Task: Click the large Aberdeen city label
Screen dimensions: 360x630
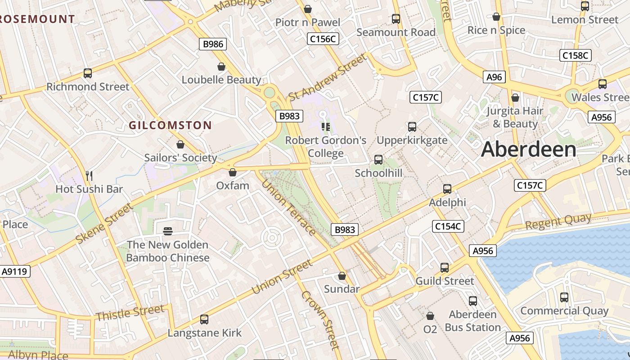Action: coord(528,149)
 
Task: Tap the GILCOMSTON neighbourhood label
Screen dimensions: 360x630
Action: coord(170,126)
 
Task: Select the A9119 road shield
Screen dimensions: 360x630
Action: coord(15,271)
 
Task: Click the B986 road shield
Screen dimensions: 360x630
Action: coord(212,44)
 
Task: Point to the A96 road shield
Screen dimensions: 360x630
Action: coord(494,77)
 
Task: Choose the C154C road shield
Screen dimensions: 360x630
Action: coord(448,226)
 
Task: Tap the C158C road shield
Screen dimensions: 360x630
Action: coord(576,56)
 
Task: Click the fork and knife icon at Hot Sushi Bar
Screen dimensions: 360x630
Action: coord(89,175)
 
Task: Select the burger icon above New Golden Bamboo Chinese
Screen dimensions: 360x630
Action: coord(168,231)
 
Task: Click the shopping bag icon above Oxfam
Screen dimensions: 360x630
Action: coord(233,172)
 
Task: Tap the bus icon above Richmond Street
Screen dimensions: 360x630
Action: coord(88,73)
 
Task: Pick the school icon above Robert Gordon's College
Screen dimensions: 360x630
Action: coord(326,127)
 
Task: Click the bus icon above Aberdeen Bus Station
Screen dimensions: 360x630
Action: coord(473,301)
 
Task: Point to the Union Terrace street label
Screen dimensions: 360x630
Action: coord(288,207)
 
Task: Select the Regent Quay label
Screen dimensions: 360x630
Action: coord(558,221)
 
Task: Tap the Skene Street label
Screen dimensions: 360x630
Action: coord(104,224)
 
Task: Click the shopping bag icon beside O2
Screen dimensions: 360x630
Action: coord(430,316)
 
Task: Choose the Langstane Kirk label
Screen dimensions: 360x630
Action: coord(204,333)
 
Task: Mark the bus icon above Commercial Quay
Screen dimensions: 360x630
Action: coord(564,297)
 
